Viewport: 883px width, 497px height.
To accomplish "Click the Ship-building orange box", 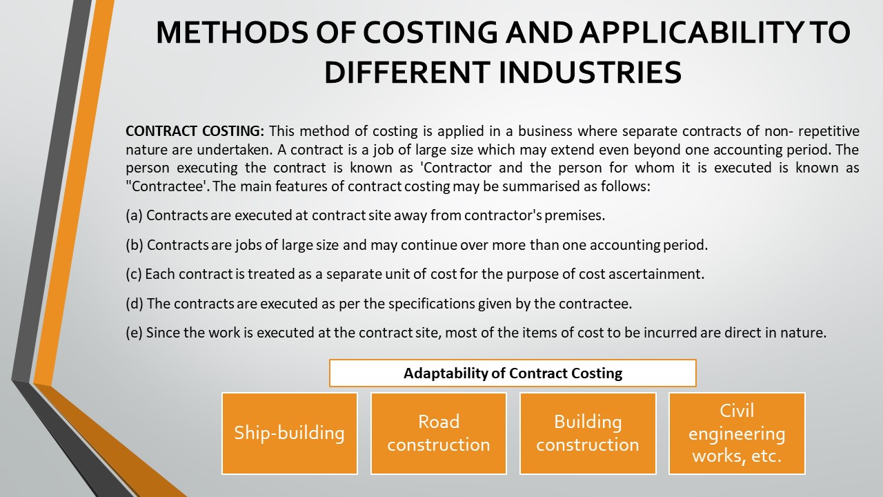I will (289, 433).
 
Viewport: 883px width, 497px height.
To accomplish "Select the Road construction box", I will (439, 433).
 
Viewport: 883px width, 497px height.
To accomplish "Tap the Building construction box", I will (588, 433).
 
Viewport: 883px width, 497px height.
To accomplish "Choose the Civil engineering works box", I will (737, 433).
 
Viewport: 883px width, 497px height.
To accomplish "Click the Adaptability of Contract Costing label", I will (513, 373).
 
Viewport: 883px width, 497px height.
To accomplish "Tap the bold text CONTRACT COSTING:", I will (195, 131).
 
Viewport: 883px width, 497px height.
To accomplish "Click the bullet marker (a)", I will (134, 215).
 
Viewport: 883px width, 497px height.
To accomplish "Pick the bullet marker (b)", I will (134, 245).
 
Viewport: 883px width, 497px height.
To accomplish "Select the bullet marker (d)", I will (134, 304).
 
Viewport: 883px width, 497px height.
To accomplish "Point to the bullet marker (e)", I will (134, 333).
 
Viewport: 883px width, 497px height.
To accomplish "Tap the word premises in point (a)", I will (574, 215).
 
